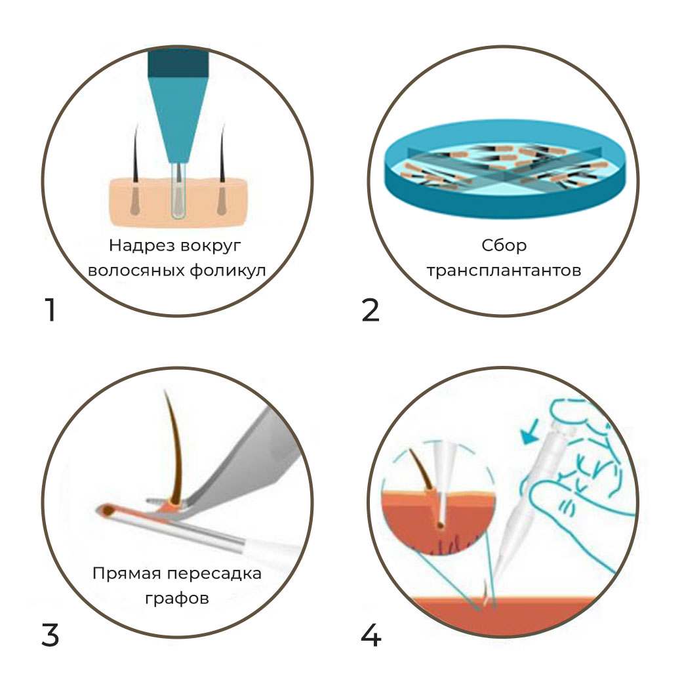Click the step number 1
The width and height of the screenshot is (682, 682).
[51, 310]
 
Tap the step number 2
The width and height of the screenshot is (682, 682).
[371, 310]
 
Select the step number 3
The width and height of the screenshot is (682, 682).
[50, 635]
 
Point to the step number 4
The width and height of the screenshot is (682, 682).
[371, 635]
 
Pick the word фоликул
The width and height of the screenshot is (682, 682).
[228, 271]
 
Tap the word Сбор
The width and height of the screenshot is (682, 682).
[504, 246]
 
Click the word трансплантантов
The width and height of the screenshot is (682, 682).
[504, 271]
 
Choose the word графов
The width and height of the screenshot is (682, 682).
[177, 599]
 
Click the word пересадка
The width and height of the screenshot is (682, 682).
[214, 574]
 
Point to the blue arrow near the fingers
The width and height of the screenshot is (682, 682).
[530, 432]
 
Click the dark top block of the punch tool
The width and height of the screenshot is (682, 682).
[178, 63]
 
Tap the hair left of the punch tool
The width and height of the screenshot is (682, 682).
[136, 170]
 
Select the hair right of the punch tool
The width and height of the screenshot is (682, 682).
[222, 170]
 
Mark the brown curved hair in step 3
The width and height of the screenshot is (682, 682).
[173, 448]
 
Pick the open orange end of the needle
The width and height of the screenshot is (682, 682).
[106, 510]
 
